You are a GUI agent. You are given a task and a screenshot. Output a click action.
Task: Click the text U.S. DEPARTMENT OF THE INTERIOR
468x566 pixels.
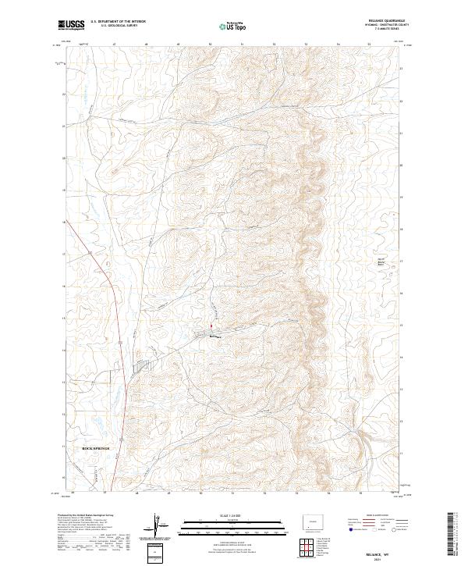click(118, 21)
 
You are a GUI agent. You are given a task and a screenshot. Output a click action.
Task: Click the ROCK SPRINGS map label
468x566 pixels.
click(97, 450)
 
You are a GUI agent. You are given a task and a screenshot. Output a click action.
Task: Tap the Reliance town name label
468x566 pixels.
click(214, 337)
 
